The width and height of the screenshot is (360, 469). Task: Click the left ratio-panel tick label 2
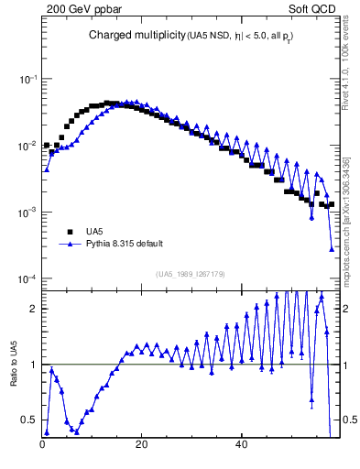32,309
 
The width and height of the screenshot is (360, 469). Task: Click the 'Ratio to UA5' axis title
14,376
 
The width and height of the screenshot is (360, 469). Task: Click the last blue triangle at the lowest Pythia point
332,248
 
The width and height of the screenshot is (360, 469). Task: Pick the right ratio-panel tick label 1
349,365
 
